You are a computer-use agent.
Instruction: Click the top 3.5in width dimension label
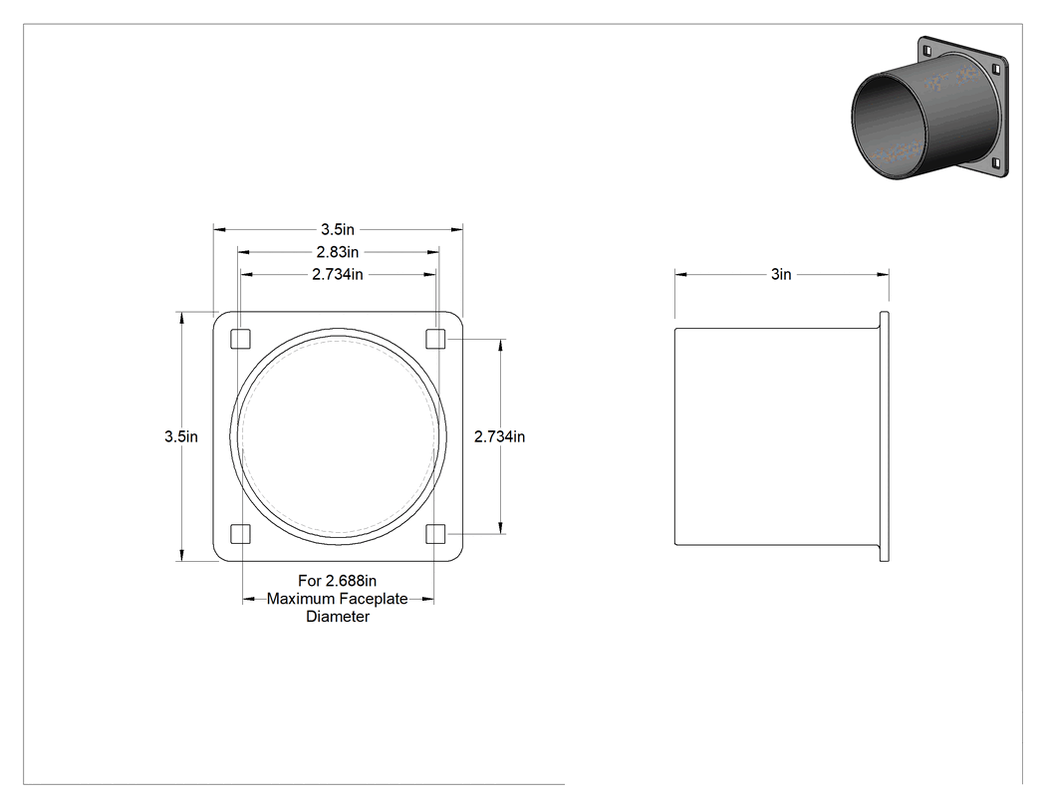(x=338, y=229)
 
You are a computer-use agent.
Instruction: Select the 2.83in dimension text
(x=338, y=252)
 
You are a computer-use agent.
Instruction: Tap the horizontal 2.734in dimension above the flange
(x=338, y=274)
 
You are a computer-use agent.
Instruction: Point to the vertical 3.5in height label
(x=181, y=436)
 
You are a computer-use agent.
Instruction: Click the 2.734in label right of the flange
(x=500, y=436)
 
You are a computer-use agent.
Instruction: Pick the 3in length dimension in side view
(x=781, y=274)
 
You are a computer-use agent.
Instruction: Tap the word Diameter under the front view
(x=338, y=617)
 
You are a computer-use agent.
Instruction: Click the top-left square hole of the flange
(x=240, y=339)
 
